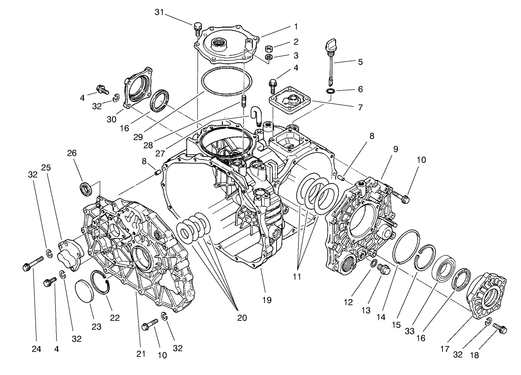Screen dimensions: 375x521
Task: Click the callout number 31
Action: pyautogui.click(x=160, y=12)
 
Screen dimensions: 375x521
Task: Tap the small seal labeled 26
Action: pyautogui.click(x=86, y=189)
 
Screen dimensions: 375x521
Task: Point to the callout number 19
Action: pyautogui.click(x=267, y=300)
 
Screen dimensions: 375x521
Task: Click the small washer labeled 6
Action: pyautogui.click(x=330, y=90)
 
